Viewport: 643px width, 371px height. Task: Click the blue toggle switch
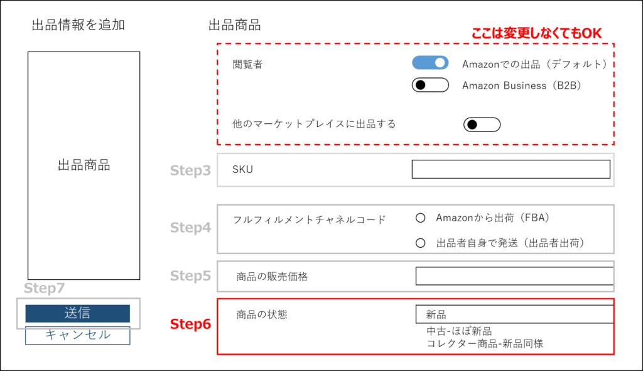[430, 63]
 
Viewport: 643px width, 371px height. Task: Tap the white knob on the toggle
[440, 63]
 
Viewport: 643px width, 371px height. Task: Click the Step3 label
[190, 170]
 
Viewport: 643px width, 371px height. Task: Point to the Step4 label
[190, 228]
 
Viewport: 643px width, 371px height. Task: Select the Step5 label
[190, 276]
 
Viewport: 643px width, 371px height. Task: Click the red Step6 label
[190, 324]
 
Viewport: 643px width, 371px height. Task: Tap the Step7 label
[44, 289]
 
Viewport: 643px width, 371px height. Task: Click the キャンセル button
[77, 335]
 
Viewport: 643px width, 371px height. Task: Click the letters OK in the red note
[592, 34]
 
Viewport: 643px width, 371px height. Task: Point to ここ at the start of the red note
[482, 34]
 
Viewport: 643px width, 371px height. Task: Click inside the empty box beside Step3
[415, 170]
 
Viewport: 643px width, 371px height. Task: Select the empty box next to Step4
[415, 229]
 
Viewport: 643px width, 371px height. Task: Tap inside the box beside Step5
[415, 276]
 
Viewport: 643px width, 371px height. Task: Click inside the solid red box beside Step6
[415, 326]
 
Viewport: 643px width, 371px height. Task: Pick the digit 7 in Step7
[60, 289]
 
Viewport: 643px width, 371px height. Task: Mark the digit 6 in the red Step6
[207, 324]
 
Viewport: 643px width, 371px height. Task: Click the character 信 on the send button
[85, 313]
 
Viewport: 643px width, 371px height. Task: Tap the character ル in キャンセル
[105, 335]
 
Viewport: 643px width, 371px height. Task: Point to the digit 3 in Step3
[207, 170]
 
